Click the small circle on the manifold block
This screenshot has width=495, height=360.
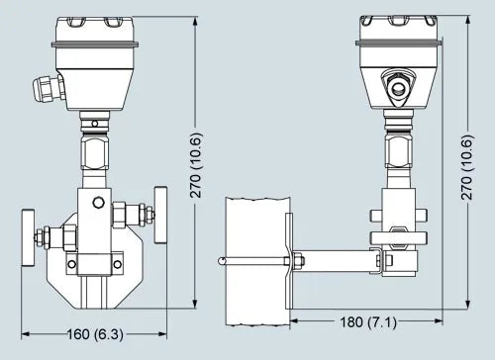[96, 203]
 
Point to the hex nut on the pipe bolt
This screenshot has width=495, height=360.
[297, 261]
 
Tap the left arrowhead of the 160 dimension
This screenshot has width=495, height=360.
[22, 333]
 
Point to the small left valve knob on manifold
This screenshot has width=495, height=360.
[43, 238]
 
